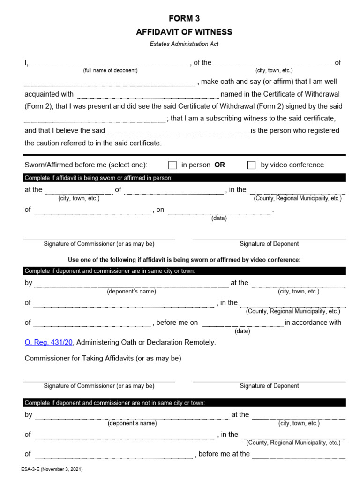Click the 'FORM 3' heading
[x=184, y=19]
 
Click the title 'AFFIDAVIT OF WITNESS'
[x=184, y=32]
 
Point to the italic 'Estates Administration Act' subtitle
[x=184, y=44]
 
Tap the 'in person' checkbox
[x=172, y=165]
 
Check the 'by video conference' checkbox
[x=252, y=165]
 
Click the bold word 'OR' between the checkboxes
[x=219, y=165]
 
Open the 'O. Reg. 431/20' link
[x=49, y=342]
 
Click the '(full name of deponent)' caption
[x=111, y=71]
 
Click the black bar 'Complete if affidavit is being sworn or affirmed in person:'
[x=185, y=178]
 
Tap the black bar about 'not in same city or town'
[x=185, y=403]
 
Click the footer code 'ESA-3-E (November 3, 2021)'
[x=52, y=469]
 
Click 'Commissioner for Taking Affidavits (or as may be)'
[x=103, y=359]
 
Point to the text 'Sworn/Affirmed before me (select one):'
[x=86, y=165]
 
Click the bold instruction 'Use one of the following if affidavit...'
[x=185, y=260]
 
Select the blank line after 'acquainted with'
[x=147, y=97]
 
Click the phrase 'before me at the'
[x=224, y=454]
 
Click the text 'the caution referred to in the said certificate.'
[x=93, y=143]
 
